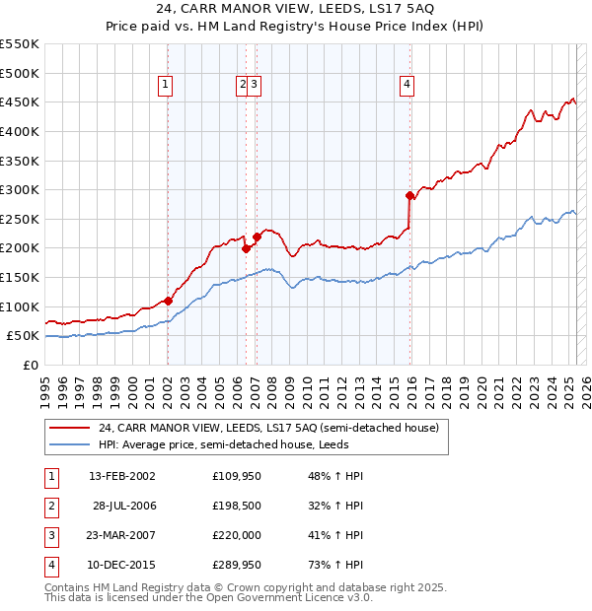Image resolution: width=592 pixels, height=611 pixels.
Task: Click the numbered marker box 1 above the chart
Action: [x=166, y=86]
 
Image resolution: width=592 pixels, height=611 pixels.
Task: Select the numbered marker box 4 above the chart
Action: [x=407, y=86]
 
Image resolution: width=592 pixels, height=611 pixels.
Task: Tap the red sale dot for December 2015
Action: [x=409, y=195]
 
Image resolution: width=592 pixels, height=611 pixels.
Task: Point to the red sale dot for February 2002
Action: [x=168, y=301]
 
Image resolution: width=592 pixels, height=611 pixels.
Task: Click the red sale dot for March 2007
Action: [x=257, y=237]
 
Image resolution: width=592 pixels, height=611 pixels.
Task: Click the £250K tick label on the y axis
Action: [x=21, y=219]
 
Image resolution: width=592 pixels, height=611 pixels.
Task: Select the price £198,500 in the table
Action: [x=235, y=506]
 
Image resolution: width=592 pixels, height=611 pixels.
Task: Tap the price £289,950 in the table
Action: [x=235, y=565]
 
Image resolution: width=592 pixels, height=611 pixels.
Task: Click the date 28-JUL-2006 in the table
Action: [x=124, y=506]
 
